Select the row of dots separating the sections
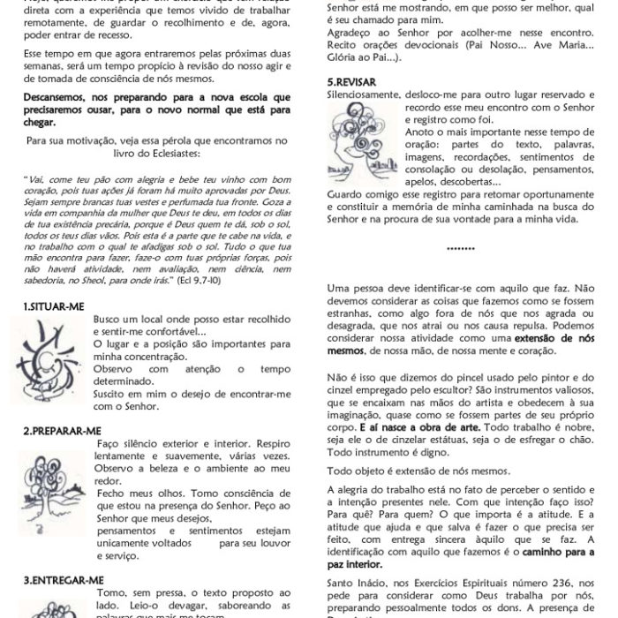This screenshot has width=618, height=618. click(x=450, y=249)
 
